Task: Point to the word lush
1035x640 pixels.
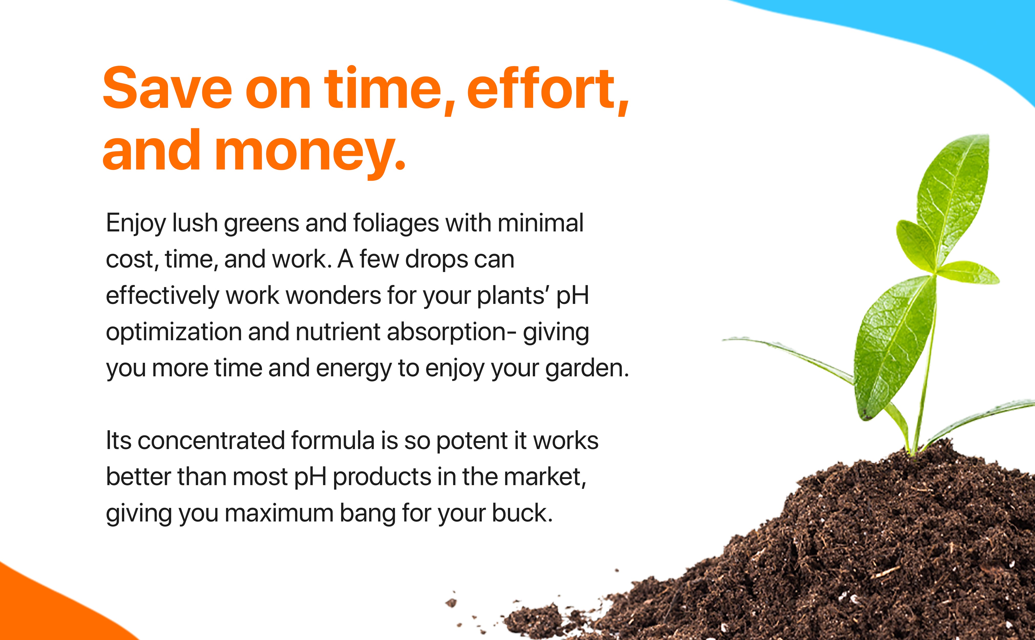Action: click(195, 223)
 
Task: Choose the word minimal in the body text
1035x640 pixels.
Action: click(541, 223)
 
